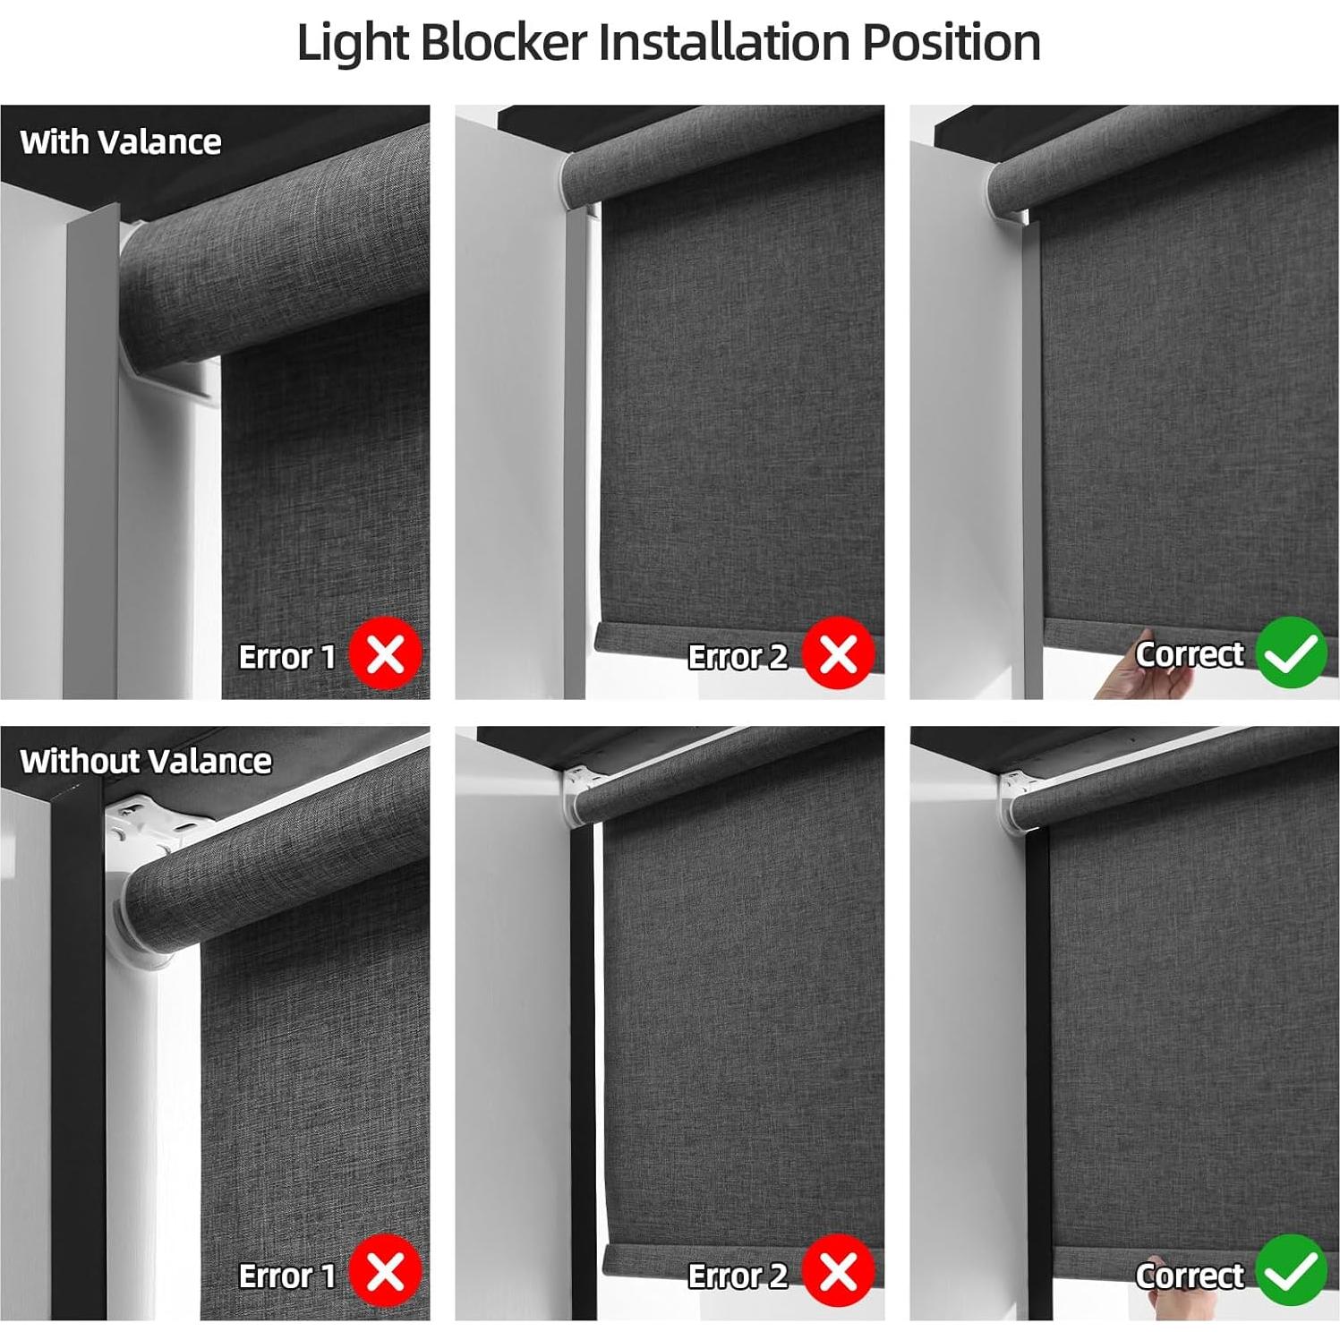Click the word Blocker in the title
tap(503, 42)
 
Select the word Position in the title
tap(952, 42)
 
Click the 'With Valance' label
tap(121, 141)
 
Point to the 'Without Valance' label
tap(146, 761)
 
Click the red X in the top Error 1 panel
tap(385, 654)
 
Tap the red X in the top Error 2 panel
tap(838, 654)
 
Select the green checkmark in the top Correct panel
tap(1291, 653)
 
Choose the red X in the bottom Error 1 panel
tap(385, 1272)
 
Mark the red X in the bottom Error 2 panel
tap(838, 1272)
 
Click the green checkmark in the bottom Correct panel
tap(1291, 1271)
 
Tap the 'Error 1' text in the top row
tap(286, 657)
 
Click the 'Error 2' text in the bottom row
tap(738, 1276)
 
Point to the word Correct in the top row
tap(1190, 654)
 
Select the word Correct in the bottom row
tap(1190, 1276)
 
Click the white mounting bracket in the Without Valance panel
tap(134, 828)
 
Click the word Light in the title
tap(353, 42)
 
